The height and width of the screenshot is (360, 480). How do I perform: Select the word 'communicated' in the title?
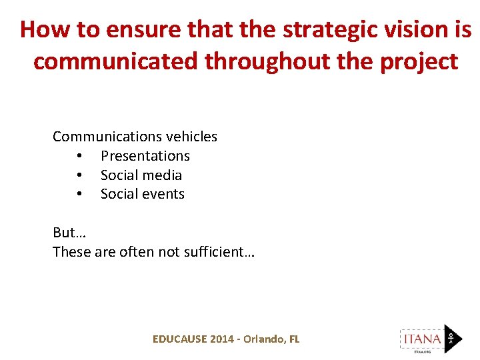[x=117, y=61]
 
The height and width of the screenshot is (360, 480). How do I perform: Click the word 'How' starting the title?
[x=45, y=29]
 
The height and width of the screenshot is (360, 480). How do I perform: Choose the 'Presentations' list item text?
[x=145, y=156]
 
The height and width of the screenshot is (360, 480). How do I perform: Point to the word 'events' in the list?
[x=163, y=194]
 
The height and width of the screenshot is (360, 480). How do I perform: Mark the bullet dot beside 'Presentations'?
[x=79, y=157]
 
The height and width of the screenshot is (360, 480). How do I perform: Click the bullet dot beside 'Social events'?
[x=79, y=195]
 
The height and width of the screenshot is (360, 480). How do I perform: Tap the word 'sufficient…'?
[x=221, y=252]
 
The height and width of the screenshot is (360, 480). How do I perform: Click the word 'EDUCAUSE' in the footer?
[x=179, y=339]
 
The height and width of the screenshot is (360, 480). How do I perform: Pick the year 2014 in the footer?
[x=222, y=339]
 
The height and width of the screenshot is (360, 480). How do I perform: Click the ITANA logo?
[x=430, y=339]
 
